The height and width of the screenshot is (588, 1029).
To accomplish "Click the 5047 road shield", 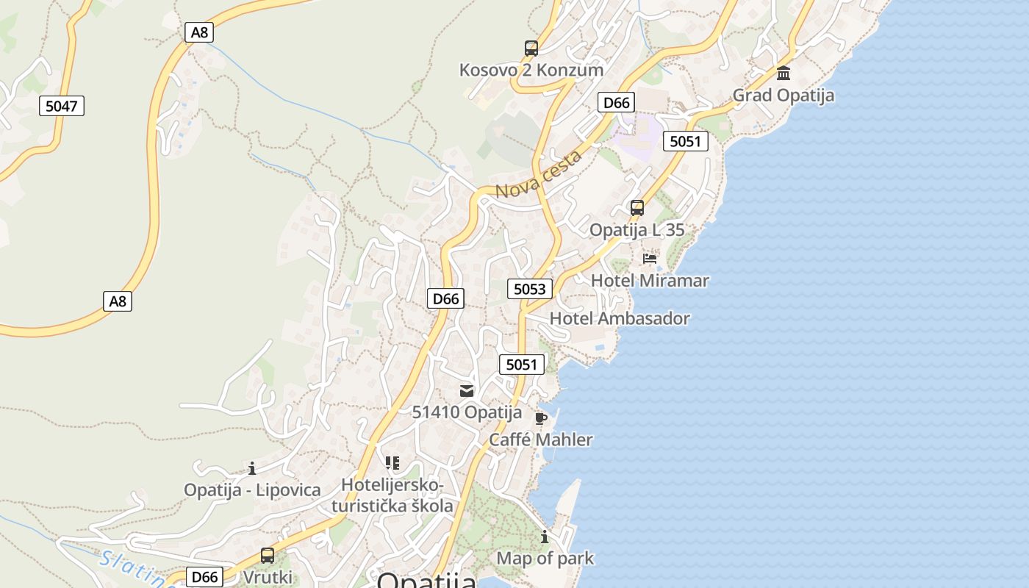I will click(x=61, y=106).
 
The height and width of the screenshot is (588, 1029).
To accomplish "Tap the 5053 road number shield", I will click(x=529, y=289).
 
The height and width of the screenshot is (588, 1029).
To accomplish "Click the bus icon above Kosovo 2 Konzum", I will click(x=531, y=49).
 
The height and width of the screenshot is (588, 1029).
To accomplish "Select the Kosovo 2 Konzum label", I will click(x=531, y=70).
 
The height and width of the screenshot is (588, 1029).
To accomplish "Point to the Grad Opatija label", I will click(x=783, y=95).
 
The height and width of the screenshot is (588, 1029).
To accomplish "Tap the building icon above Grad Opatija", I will click(x=784, y=73).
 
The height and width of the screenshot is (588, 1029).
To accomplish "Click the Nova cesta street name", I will click(x=539, y=174).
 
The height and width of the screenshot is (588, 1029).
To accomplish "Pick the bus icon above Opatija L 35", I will click(x=637, y=208).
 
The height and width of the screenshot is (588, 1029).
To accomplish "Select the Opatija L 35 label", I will click(x=637, y=229).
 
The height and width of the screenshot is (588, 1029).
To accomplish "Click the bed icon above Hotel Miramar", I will click(x=650, y=259).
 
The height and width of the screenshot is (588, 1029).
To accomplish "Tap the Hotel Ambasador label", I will click(x=620, y=318).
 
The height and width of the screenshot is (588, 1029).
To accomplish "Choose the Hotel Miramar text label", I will click(x=650, y=280).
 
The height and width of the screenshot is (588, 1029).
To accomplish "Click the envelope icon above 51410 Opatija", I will click(x=467, y=391).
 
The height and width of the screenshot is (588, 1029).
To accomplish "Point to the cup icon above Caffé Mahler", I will click(x=541, y=419).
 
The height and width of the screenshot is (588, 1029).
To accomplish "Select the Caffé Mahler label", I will click(x=541, y=440).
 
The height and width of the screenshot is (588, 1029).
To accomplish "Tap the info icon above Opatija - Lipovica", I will click(x=252, y=468).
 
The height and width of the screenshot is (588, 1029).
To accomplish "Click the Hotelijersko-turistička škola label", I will click(x=392, y=495).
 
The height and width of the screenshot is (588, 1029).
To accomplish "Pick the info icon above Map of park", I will click(x=545, y=537).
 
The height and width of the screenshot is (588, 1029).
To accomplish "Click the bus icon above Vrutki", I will click(x=268, y=556).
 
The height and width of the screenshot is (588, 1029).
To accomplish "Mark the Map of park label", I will click(x=545, y=558).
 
